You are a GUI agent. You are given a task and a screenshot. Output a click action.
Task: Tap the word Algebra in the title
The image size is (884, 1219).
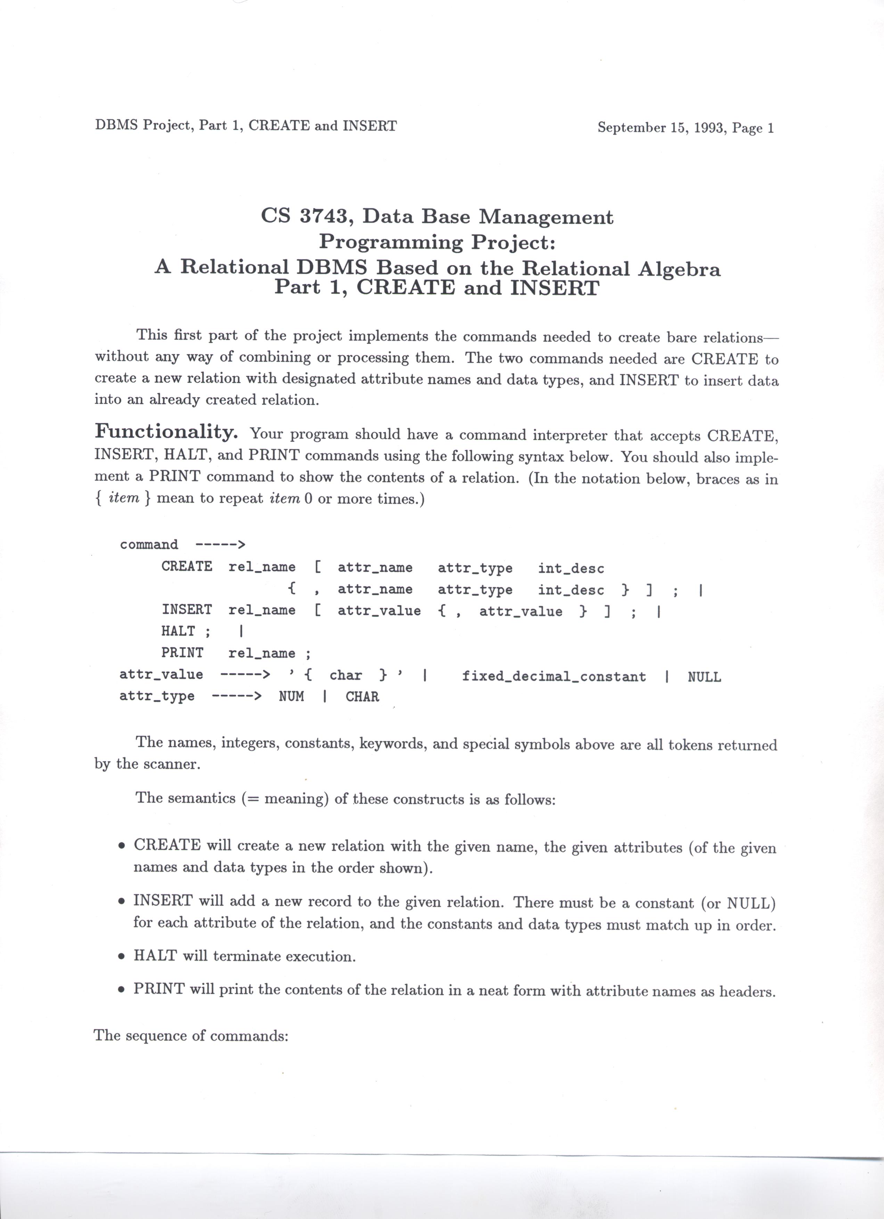[679, 268]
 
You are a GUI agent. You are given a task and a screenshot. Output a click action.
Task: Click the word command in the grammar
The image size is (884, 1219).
[149, 545]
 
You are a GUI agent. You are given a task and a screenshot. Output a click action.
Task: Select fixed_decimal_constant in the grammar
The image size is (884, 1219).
[554, 676]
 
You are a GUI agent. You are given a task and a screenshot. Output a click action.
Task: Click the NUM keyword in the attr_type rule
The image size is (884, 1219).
[291, 697]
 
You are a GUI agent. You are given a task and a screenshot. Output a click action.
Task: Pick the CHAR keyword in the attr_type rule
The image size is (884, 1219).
[362, 697]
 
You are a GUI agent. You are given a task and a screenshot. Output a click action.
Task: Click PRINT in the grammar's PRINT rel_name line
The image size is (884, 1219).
[182, 653]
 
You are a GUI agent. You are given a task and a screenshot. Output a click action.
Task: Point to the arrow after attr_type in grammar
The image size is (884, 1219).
[236, 697]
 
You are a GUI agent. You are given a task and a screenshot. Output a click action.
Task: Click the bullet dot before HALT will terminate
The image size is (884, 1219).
[123, 957]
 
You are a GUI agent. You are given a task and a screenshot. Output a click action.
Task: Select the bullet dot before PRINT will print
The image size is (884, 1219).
[123, 990]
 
